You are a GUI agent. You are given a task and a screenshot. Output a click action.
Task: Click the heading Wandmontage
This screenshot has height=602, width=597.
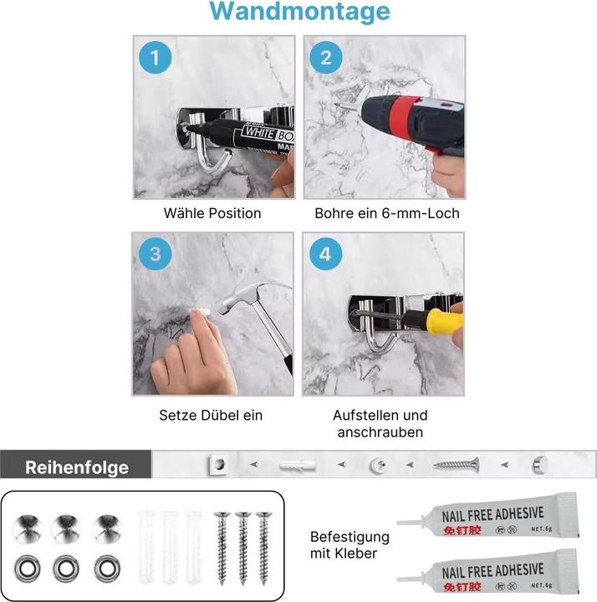tap(298, 12)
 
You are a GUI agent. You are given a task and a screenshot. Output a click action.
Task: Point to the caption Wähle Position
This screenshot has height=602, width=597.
tap(212, 213)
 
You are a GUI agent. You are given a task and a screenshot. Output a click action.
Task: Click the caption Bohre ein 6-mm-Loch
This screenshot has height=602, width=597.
tap(386, 213)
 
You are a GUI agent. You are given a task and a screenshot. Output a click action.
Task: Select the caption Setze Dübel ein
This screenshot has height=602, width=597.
tap(211, 415)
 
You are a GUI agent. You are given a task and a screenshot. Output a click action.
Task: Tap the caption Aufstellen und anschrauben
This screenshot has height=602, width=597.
tap(380, 423)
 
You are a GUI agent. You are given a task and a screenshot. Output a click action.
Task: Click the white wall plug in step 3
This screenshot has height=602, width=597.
tap(201, 311)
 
